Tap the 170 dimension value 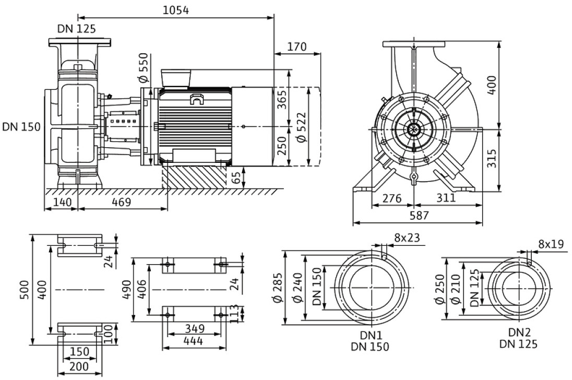(297, 47)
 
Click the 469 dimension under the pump (119, 201)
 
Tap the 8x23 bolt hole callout (407, 238)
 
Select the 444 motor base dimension (194, 341)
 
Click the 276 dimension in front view (391, 198)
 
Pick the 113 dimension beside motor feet (235, 313)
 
